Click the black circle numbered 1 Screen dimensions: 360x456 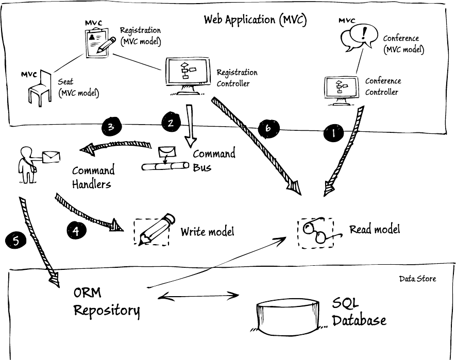click(x=333, y=133)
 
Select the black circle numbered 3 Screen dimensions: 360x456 click(x=111, y=127)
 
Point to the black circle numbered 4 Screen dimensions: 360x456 click(x=76, y=230)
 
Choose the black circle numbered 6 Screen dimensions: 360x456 click(x=268, y=129)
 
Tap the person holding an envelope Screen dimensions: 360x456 click(x=28, y=164)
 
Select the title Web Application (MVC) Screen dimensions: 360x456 click(x=255, y=20)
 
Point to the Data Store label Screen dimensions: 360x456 click(x=417, y=279)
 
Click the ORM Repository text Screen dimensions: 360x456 click(x=106, y=302)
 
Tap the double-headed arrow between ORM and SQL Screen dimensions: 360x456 click(x=199, y=296)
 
